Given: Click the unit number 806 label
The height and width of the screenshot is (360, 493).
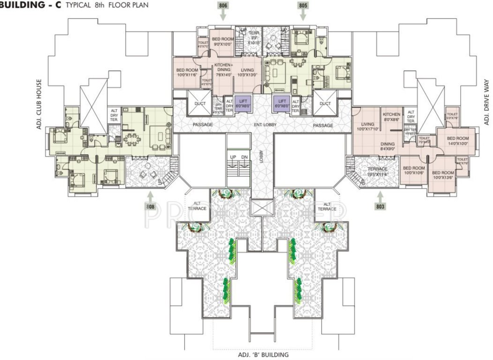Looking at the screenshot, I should click(223, 5).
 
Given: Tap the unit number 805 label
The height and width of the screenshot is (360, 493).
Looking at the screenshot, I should click(303, 5).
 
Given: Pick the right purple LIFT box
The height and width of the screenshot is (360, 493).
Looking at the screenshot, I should click(282, 103).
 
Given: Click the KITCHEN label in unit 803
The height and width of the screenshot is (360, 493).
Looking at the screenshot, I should click(391, 114).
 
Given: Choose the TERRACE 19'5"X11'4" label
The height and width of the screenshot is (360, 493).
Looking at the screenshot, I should click(377, 171).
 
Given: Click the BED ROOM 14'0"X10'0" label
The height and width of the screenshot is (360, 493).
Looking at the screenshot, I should click(457, 141).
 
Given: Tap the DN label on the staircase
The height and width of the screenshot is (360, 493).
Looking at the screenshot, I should click(244, 157).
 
